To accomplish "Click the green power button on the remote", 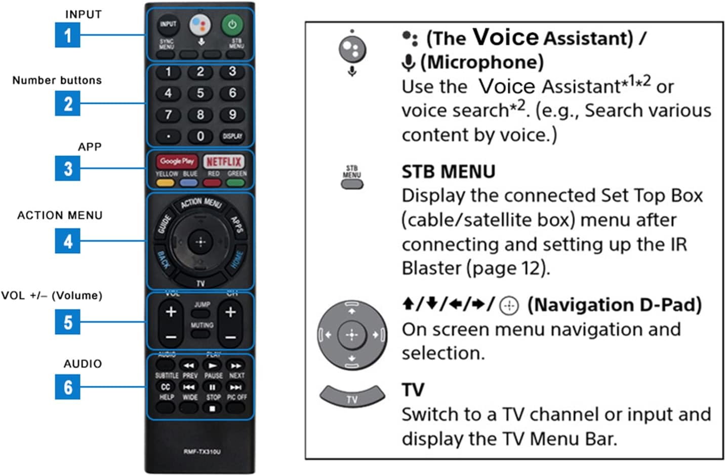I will point(232,24).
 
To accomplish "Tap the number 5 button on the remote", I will point(200,93).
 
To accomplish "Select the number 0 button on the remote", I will point(200,136).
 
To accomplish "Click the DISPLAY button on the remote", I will point(232,136).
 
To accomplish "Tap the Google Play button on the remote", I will point(177,162).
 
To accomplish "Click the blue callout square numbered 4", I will point(68,241).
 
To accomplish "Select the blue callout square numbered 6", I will point(68,387).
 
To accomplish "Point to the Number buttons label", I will point(57,81).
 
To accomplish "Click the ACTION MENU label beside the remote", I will point(60,216).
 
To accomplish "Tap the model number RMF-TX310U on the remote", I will point(202,452).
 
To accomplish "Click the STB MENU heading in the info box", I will point(448,172).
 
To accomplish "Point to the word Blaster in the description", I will point(432,268).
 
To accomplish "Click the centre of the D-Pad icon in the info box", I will point(352,335).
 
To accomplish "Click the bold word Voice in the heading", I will point(506,37).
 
